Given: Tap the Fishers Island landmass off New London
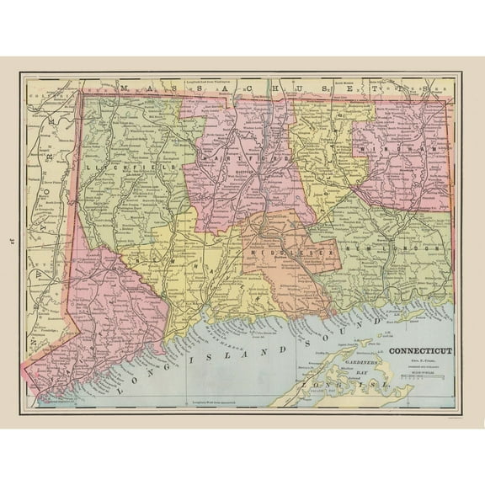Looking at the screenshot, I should click(x=413, y=317).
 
